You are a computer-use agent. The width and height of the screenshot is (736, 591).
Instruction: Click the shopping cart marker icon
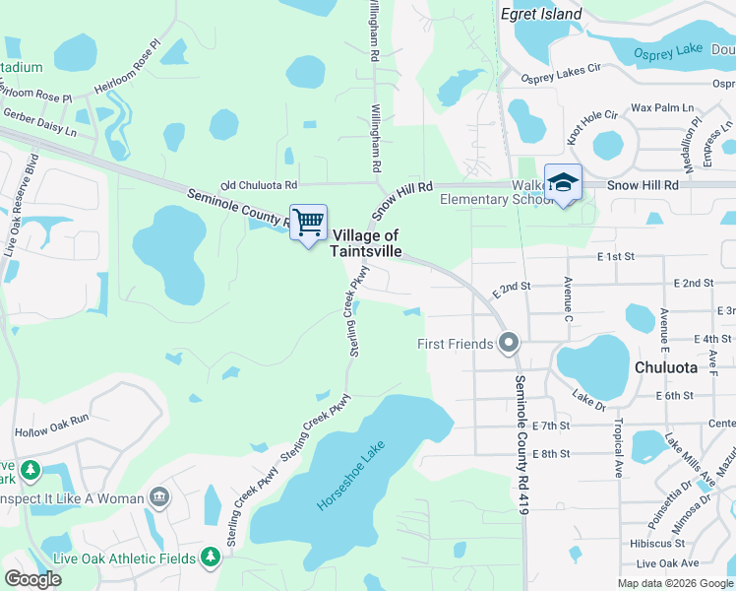[309, 223]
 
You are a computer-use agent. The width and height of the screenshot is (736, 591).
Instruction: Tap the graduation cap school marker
[563, 182]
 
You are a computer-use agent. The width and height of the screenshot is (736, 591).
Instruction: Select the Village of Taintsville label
[366, 243]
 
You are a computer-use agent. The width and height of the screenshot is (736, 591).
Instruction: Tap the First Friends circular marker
[509, 343]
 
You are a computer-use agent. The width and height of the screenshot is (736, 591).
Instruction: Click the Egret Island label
[541, 15]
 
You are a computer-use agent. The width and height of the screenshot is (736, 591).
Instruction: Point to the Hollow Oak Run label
[51, 431]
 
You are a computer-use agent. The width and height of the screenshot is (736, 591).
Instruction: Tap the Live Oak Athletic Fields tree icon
[210, 558]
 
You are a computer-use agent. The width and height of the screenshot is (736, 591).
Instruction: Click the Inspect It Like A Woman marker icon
[158, 498]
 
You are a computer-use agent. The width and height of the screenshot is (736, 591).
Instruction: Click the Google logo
[32, 578]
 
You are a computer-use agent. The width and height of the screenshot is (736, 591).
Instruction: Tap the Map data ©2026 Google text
[674, 583]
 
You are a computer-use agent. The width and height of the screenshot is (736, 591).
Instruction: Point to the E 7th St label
[551, 426]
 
